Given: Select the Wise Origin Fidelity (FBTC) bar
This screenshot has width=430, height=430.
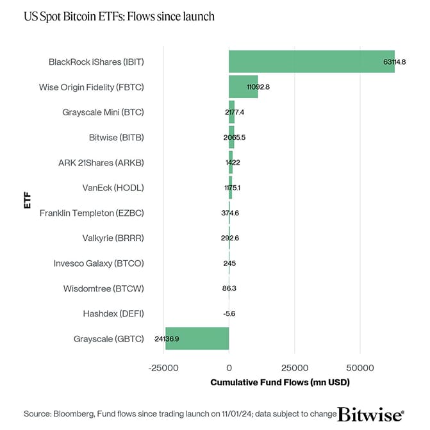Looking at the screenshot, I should pos(243,87).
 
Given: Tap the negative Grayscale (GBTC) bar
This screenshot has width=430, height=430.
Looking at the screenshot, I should pos(197,338).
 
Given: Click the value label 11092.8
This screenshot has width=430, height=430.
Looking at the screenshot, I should pos(258,87).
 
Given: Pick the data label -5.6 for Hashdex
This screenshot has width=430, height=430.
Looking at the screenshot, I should pos(229,314).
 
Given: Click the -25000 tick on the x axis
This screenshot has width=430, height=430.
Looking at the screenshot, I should pos(163,368).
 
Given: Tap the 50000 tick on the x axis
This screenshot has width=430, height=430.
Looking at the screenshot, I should pos(360,368).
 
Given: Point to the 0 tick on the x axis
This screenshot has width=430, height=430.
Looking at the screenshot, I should pos(229,368).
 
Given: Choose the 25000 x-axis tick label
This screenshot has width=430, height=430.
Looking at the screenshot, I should pos(294,368).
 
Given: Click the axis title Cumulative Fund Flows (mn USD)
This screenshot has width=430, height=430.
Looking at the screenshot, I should pos(279,383).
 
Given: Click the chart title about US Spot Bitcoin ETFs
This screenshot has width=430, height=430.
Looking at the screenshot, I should pos(119,16).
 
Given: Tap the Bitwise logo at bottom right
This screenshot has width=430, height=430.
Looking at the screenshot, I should pos(370,414).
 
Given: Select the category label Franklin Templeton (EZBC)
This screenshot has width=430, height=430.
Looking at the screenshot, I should pos(92,213).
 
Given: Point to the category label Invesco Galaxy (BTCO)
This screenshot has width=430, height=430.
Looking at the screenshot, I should pos(99,263).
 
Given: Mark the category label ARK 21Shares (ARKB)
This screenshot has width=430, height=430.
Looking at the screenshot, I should pos(101,163).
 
